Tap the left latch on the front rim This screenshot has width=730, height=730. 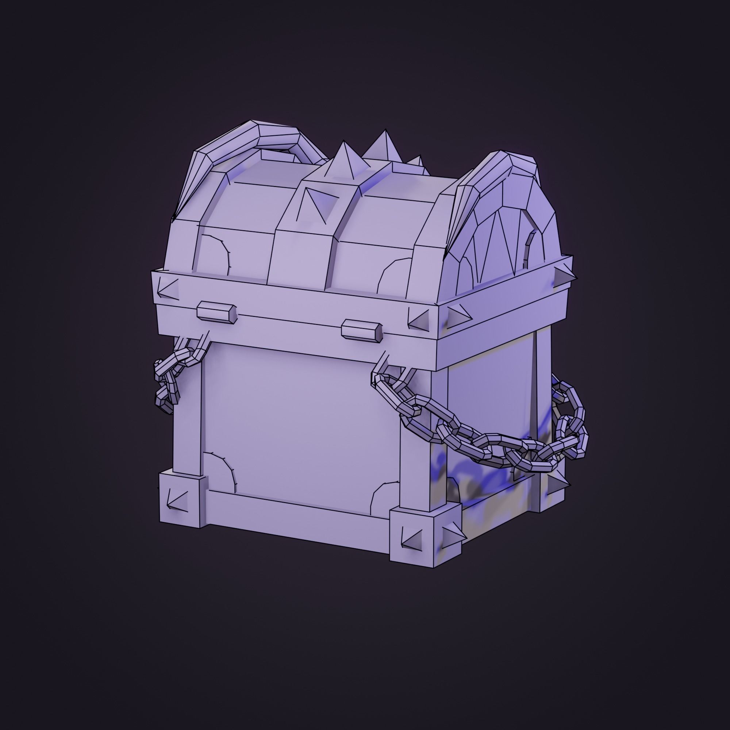tap(217, 313)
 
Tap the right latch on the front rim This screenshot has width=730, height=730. tap(362, 329)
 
